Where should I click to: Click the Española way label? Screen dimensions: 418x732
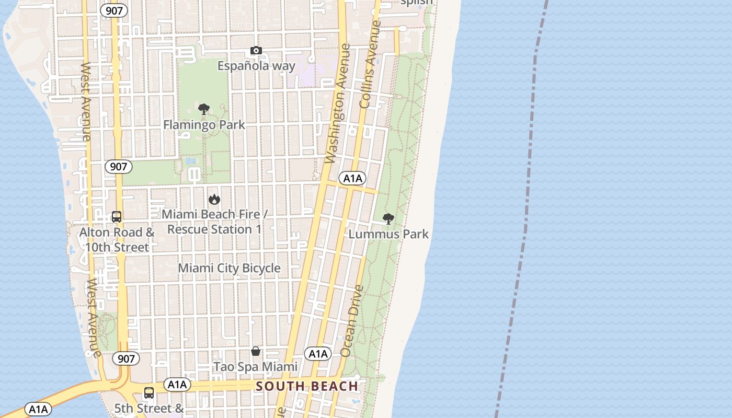[256, 66]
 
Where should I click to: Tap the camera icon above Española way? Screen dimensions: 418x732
[256, 51]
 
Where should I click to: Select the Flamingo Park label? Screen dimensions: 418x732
[204, 125]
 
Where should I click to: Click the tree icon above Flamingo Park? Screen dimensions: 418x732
[204, 109]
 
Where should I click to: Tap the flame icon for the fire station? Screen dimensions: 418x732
[214, 199]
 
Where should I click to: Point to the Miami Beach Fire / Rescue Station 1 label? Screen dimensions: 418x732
[214, 222]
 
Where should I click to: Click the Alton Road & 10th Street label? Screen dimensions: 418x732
[117, 239]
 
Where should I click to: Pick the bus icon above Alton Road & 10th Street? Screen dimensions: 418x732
[117, 216]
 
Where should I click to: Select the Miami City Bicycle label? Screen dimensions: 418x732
[230, 268]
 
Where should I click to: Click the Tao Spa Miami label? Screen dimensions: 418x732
[256, 367]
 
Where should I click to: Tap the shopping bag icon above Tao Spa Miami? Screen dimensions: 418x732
[256, 351]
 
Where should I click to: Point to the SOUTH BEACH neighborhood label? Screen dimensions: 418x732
[307, 387]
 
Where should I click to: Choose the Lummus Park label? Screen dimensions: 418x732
[388, 234]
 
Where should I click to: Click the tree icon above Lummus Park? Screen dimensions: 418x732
[388, 218]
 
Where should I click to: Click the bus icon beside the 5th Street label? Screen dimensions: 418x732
[149, 393]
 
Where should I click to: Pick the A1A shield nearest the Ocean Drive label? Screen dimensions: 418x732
[318, 354]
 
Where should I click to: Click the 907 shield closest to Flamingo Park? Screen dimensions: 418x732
[119, 167]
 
